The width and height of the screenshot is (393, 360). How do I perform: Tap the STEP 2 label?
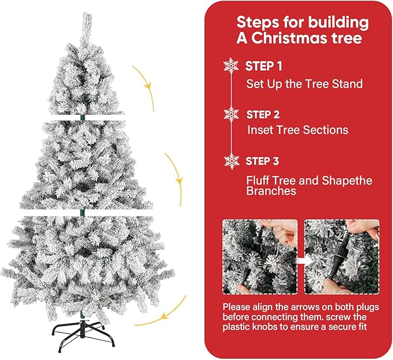click(x=264, y=113)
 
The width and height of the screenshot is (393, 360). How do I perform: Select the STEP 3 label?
click(x=264, y=160)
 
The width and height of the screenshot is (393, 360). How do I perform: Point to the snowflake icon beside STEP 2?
click(x=231, y=113)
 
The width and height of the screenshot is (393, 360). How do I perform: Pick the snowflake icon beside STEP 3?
click(x=232, y=161)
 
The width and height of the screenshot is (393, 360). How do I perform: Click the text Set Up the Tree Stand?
click(x=304, y=84)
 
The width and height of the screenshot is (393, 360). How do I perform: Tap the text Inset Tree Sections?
click(x=297, y=130)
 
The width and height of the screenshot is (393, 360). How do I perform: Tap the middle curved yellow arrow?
click(x=176, y=177)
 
